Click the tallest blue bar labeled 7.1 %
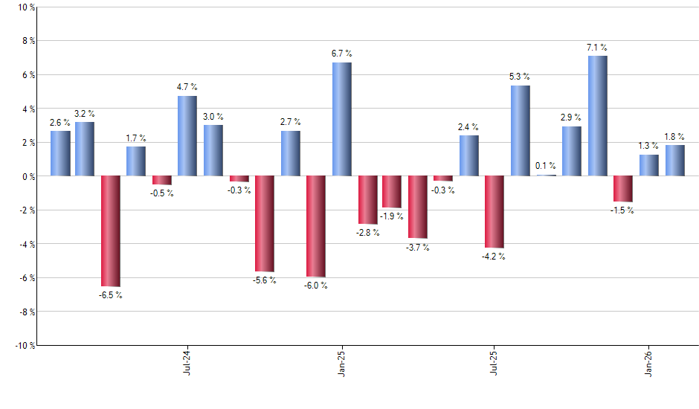pos(597,116)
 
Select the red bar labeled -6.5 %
pos(111,231)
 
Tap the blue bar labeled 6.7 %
pos(341,119)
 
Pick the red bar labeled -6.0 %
pos(316,226)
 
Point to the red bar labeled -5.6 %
pos(265,224)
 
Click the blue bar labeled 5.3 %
pos(521,131)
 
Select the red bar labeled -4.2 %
pos(495,212)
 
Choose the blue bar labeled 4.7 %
pos(187,136)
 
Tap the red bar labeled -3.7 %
pos(418,207)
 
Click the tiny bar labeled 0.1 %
pos(547,175)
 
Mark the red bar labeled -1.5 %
pos(623,189)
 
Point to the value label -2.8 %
pos(367,233)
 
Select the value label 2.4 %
pos(468,127)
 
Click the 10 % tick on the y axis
pos(25,7)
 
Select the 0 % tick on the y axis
pos(27,177)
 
